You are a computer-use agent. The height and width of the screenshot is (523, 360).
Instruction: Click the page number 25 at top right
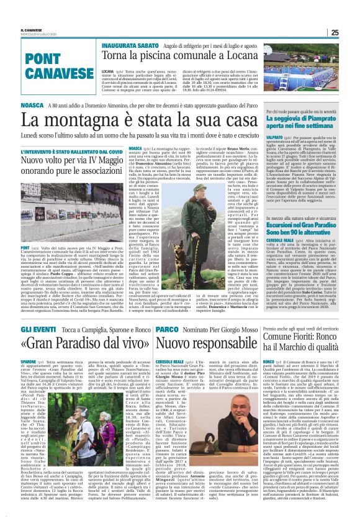click(x=351, y=32)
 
